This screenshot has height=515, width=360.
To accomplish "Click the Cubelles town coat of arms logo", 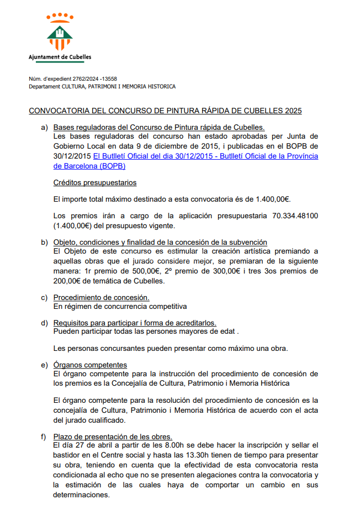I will (60, 32).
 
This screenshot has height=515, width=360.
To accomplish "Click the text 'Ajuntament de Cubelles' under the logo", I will (60, 56).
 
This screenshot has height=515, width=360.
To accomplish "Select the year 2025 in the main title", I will (294, 111).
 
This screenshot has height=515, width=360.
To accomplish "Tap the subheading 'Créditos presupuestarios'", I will (95, 182).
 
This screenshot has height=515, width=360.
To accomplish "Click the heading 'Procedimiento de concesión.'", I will (101, 298).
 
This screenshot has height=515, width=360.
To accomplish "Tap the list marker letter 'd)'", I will (44, 323).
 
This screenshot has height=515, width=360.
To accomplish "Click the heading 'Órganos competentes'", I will (90, 365).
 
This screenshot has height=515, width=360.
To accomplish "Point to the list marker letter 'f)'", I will (44, 437).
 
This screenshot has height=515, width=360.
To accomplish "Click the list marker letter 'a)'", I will (44, 128).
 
